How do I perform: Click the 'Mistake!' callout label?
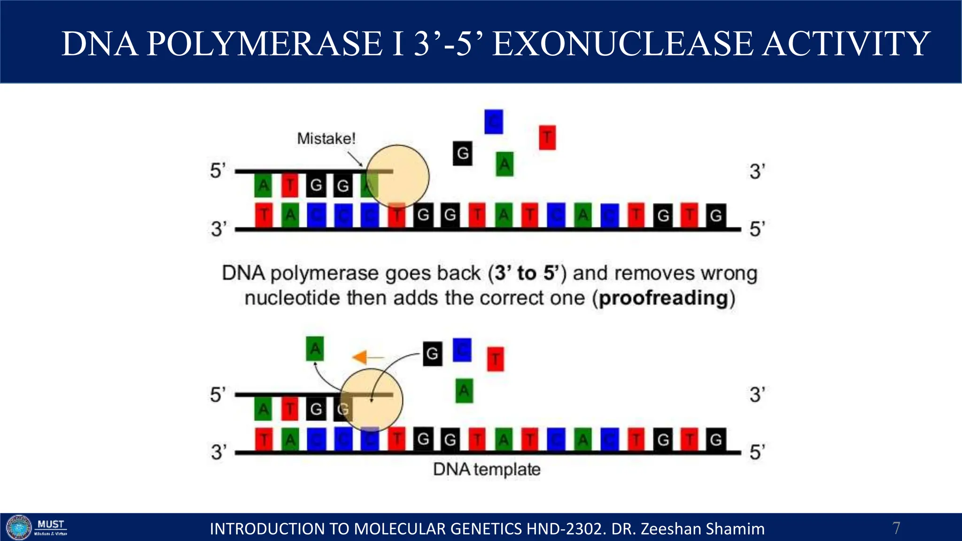click(x=326, y=139)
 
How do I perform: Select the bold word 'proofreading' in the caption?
click(x=664, y=298)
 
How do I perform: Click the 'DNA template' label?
click(x=487, y=469)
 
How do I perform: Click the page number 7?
click(x=896, y=528)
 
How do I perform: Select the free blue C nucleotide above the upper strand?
click(x=493, y=122)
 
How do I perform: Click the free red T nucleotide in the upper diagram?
click(x=547, y=138)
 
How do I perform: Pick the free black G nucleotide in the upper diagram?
click(x=463, y=153)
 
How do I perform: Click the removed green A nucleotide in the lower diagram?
click(x=315, y=349)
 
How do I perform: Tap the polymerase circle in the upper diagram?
click(x=398, y=176)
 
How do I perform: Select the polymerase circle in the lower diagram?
click(x=371, y=400)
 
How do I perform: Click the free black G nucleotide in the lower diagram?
click(x=432, y=353)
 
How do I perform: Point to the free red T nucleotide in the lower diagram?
click(x=495, y=359)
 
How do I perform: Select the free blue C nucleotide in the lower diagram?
click(x=462, y=350)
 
